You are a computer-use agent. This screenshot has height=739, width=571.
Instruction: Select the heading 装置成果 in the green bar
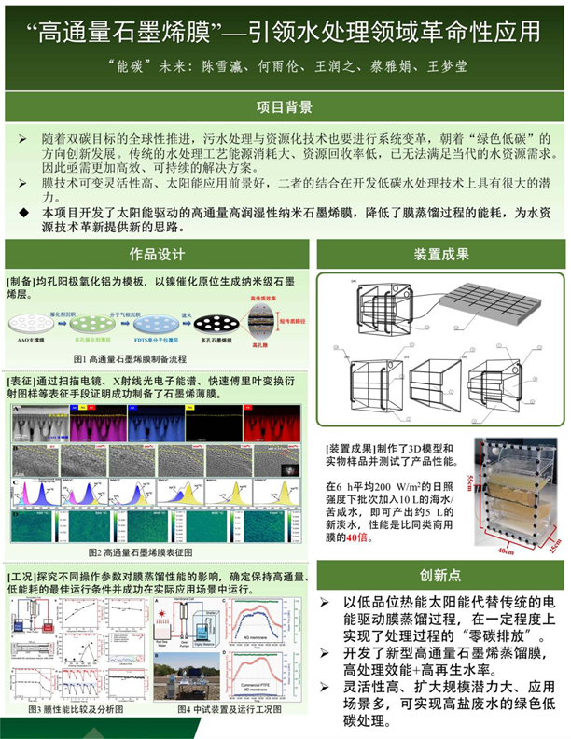click(x=440, y=255)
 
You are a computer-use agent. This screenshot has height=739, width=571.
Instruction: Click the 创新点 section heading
click(x=440, y=576)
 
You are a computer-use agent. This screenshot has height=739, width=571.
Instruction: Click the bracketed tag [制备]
click(x=21, y=279)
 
